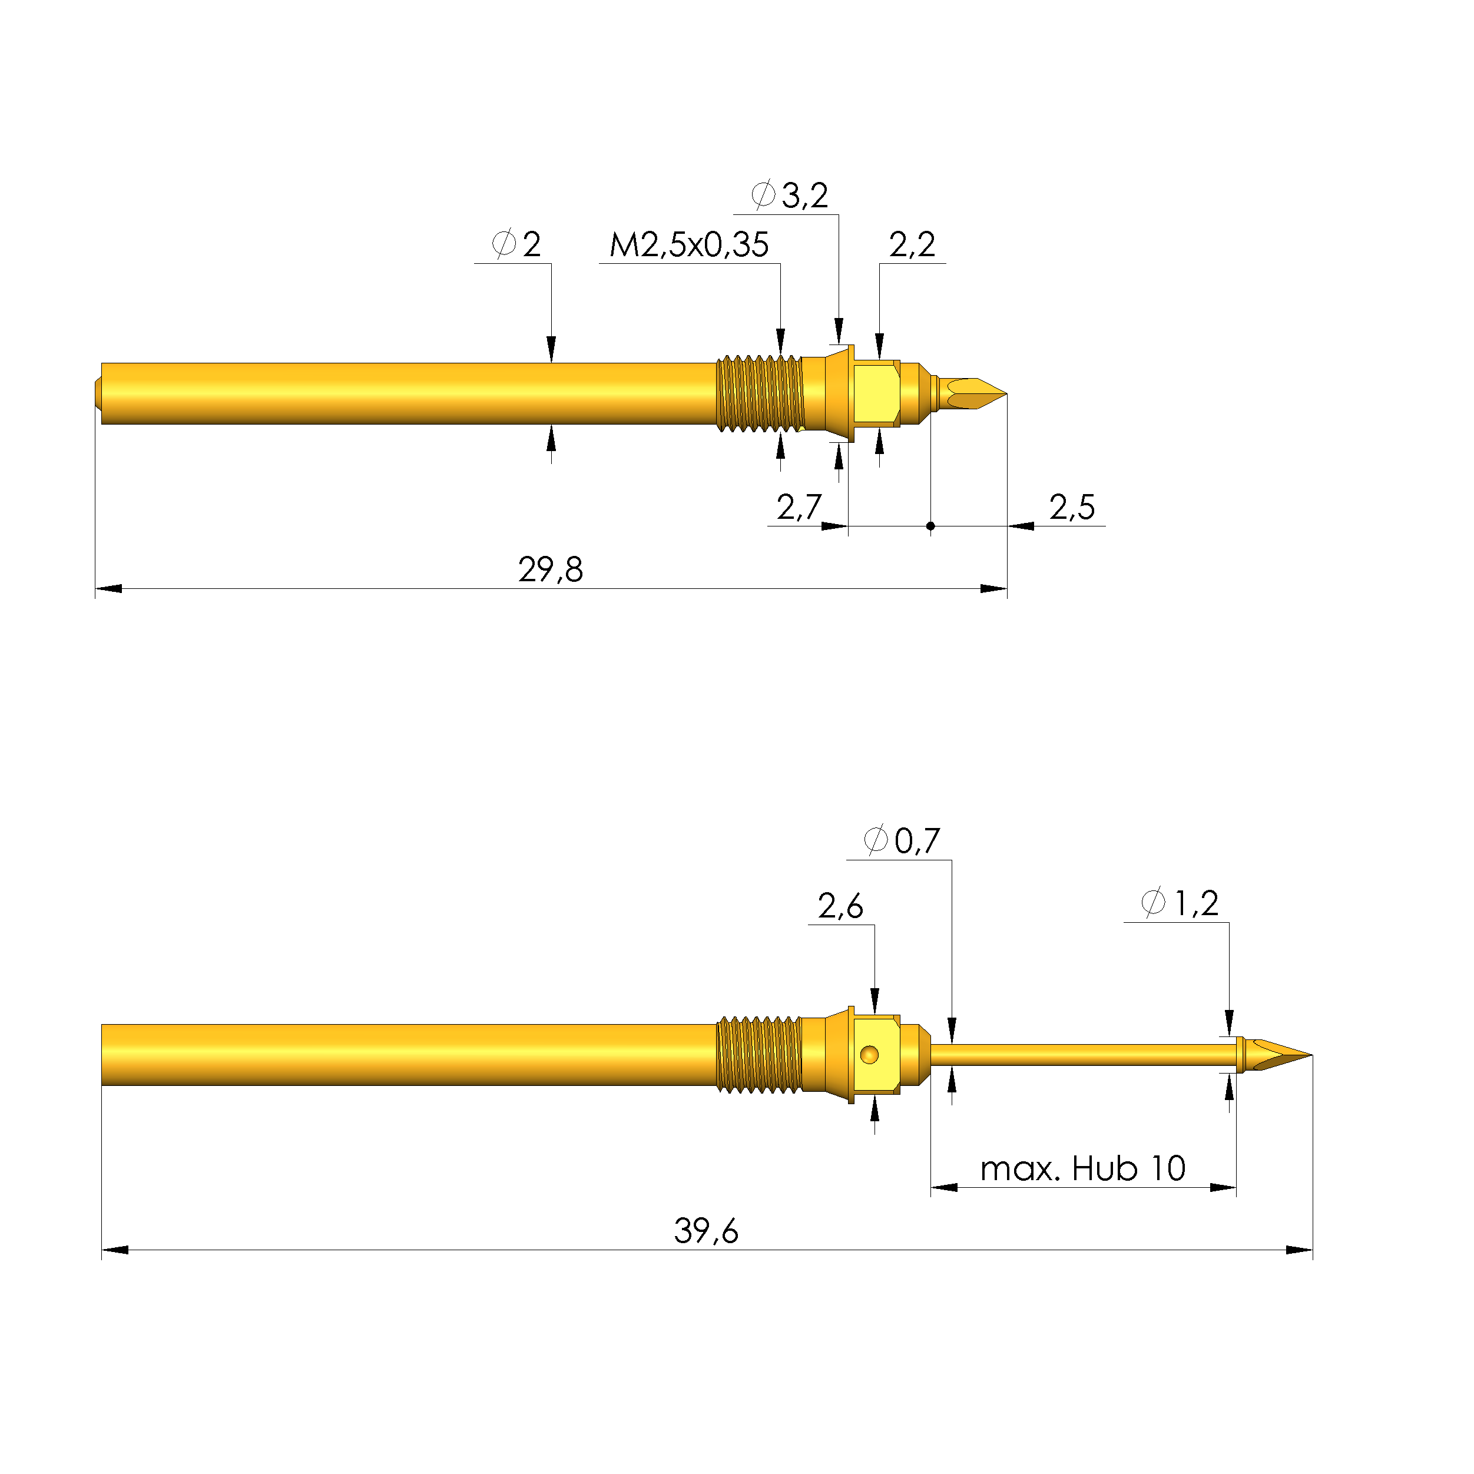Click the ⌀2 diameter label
(516, 245)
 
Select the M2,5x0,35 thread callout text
(689, 246)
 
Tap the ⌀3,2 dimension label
(790, 196)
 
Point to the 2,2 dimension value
(912, 246)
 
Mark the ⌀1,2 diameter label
(1180, 904)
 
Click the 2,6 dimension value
(840, 907)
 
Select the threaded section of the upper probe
(760, 394)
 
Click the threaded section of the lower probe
(759, 1055)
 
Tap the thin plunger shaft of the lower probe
(1084, 1055)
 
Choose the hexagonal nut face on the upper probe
(876, 394)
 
